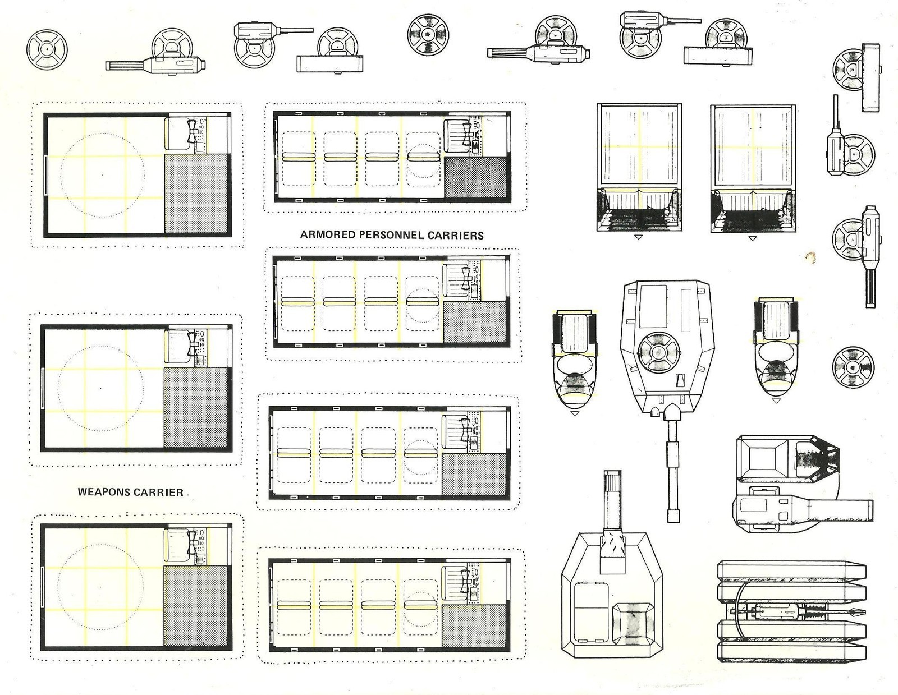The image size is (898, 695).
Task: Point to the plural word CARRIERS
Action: coord(455,235)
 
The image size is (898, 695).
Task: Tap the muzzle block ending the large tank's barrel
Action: coord(673,516)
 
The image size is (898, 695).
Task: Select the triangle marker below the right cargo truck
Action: coord(752,238)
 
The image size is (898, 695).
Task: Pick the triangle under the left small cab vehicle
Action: coord(575,413)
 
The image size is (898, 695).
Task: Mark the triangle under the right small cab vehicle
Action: coord(776,400)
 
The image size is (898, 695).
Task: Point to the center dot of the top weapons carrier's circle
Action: coord(103,174)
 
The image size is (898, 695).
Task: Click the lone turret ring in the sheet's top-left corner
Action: coord(47,49)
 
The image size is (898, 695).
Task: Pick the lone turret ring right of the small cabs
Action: coord(853,367)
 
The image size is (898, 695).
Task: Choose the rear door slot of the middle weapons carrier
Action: coord(42,388)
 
